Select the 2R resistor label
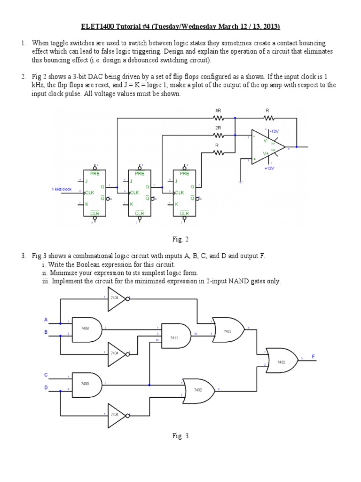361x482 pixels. (217, 127)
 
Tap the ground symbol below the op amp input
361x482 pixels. (240, 181)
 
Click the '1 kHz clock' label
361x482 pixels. (62, 189)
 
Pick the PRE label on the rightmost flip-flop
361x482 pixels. (184, 173)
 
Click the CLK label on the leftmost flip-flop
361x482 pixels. (90, 192)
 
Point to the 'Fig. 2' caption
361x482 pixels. (180, 240)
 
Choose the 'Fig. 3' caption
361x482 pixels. (180, 436)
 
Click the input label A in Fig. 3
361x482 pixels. (46, 320)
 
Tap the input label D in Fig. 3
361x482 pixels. (46, 387)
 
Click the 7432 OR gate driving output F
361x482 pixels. (281, 362)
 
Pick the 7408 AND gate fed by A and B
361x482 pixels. (86, 329)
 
